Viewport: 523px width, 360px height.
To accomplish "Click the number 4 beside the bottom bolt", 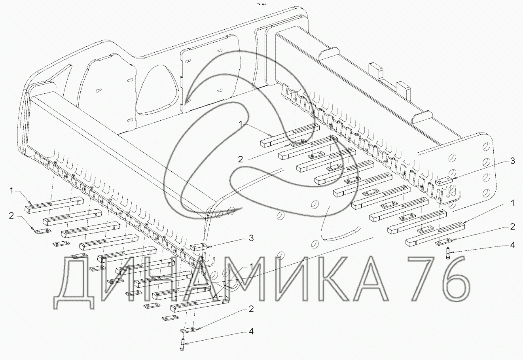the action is (x=251, y=331).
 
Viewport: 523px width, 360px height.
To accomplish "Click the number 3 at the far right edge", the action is (x=512, y=161).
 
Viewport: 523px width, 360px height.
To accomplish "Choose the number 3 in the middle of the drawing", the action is (x=251, y=238).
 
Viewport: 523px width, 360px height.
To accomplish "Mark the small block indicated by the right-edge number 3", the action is (x=444, y=182).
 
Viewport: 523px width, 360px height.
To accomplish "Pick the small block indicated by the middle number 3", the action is (x=199, y=247).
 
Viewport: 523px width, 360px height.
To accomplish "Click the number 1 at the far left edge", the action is (x=11, y=191).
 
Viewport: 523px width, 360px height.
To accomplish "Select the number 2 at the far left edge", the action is (x=11, y=216).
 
